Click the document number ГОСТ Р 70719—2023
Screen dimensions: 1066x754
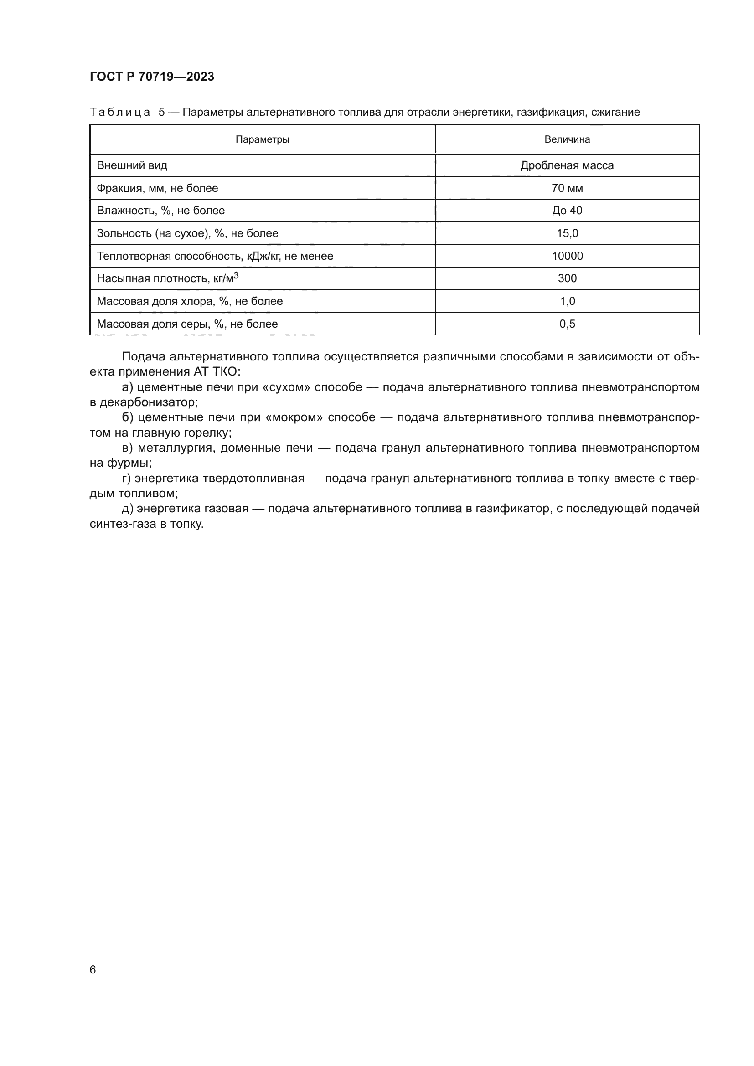point(152,77)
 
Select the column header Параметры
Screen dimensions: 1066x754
point(262,139)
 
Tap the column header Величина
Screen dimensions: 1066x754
point(567,139)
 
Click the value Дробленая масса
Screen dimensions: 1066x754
point(567,165)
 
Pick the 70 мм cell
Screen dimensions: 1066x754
point(567,188)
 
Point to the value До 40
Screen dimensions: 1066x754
point(567,210)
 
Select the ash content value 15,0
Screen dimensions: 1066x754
point(567,233)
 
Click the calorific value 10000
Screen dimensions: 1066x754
point(567,256)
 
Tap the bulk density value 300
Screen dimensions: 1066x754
point(567,278)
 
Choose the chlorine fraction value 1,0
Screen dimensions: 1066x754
point(567,301)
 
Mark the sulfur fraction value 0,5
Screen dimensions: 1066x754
point(567,324)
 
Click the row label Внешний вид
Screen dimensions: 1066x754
point(132,165)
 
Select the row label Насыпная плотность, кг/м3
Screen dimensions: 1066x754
point(167,278)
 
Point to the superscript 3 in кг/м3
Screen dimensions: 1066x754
point(236,275)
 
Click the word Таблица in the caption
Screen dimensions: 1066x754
point(120,113)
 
